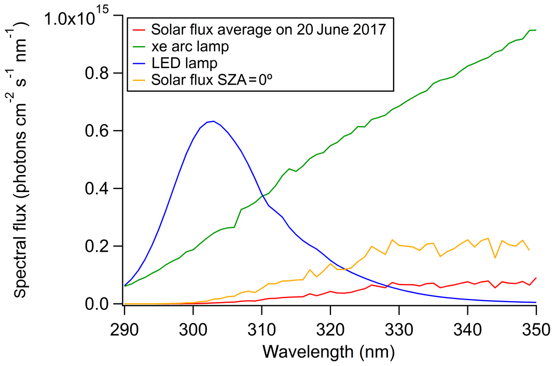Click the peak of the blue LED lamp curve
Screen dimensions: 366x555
click(x=213, y=121)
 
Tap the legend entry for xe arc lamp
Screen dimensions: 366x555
click(x=190, y=47)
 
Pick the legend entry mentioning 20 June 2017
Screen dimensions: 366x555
click(x=269, y=29)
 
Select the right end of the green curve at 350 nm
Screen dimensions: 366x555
click(x=535, y=30)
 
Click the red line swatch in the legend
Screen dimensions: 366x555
click(x=140, y=30)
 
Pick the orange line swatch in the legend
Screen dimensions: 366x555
click(x=140, y=80)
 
